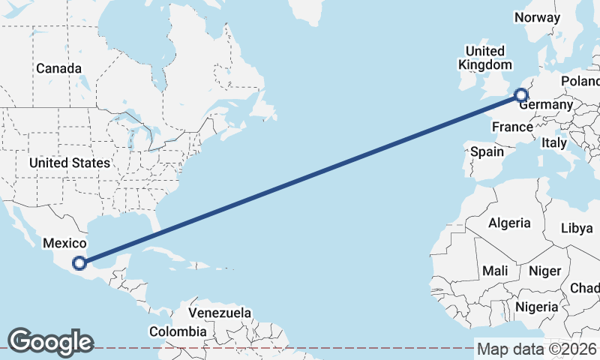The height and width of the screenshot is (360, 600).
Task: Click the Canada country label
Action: pos(58,68)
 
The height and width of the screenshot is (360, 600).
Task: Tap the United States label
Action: pos(70,163)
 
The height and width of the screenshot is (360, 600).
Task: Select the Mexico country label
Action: pos(65,243)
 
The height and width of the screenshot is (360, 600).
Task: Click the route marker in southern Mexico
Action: pos(79,262)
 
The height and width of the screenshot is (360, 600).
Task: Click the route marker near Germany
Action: pos(521,94)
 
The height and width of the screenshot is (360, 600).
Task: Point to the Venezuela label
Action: pos(220,312)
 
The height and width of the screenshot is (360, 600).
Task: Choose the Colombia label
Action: pos(178,331)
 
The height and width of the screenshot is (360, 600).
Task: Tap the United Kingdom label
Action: pos(485,58)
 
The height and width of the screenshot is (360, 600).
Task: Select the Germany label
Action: pos(546,105)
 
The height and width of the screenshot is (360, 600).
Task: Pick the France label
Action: pos(512,127)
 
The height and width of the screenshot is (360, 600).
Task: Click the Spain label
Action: pos(487,151)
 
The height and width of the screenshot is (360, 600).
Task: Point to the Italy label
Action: pos(554,142)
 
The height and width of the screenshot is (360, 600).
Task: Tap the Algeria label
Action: pos(509,223)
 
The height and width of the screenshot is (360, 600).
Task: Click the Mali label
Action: pos(495,271)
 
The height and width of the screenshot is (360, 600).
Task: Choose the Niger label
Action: pos(545,271)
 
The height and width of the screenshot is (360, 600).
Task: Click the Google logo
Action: pos(50,342)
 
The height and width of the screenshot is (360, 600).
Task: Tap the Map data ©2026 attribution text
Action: pos(536,349)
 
